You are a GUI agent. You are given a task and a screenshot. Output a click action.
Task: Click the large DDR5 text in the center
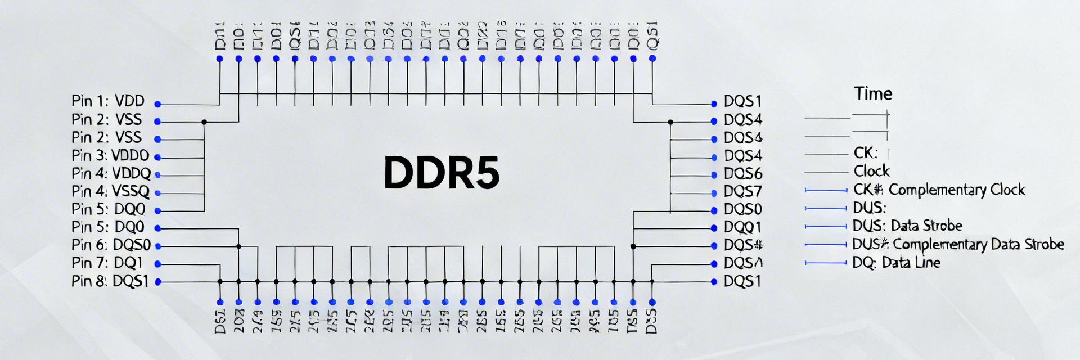pyautogui.click(x=441, y=172)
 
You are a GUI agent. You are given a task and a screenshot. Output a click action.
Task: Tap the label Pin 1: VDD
pyautogui.click(x=108, y=101)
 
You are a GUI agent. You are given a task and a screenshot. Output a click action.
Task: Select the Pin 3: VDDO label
pyautogui.click(x=110, y=155)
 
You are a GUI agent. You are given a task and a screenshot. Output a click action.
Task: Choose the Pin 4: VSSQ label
pyautogui.click(x=111, y=191)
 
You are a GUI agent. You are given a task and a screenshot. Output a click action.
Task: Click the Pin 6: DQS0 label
pyautogui.click(x=111, y=245)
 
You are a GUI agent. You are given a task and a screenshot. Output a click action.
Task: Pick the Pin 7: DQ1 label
pyautogui.click(x=107, y=263)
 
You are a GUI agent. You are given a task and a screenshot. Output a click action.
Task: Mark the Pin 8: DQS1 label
pyautogui.click(x=110, y=281)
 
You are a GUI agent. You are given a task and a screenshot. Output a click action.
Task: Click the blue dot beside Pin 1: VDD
pyautogui.click(x=158, y=104)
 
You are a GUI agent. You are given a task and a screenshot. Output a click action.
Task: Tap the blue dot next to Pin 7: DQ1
pyautogui.click(x=158, y=264)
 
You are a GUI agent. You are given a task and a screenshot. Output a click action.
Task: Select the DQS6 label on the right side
pyautogui.click(x=743, y=174)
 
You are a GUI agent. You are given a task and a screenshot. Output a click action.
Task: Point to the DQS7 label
pyautogui.click(x=743, y=192)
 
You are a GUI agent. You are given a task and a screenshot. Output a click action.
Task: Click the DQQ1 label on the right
pyautogui.click(x=742, y=227)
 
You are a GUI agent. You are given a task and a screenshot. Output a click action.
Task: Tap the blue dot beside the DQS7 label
pyautogui.click(x=714, y=193)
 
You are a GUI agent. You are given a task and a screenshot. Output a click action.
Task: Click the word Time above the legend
pyautogui.click(x=873, y=93)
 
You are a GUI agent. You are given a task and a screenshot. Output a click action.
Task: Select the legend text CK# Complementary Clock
pyautogui.click(x=939, y=190)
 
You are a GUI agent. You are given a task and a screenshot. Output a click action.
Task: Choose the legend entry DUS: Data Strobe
pyautogui.click(x=907, y=226)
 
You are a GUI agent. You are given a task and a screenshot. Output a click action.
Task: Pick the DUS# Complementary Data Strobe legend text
pyautogui.click(x=958, y=244)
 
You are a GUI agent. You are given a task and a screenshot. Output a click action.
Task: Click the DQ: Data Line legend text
pyautogui.click(x=896, y=263)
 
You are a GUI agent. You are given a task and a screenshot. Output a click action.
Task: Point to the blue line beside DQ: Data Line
pyautogui.click(x=825, y=263)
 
